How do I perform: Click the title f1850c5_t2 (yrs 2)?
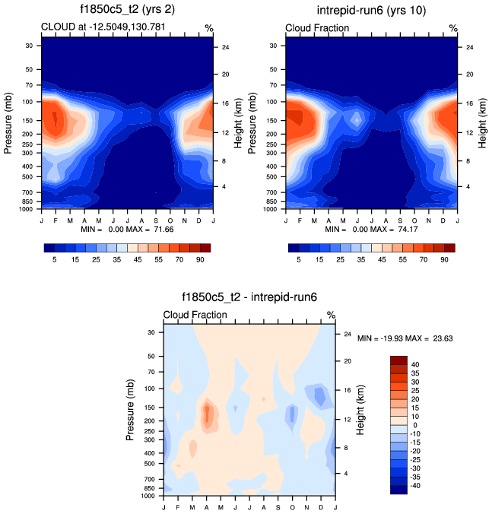[125, 10]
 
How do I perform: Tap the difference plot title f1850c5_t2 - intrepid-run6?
[249, 299]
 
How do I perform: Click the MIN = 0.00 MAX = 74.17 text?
[372, 229]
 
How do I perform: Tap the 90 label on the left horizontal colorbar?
[200, 259]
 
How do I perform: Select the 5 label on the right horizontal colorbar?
[300, 259]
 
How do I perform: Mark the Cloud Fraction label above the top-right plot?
[317, 28]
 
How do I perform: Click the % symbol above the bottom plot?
[331, 315]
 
